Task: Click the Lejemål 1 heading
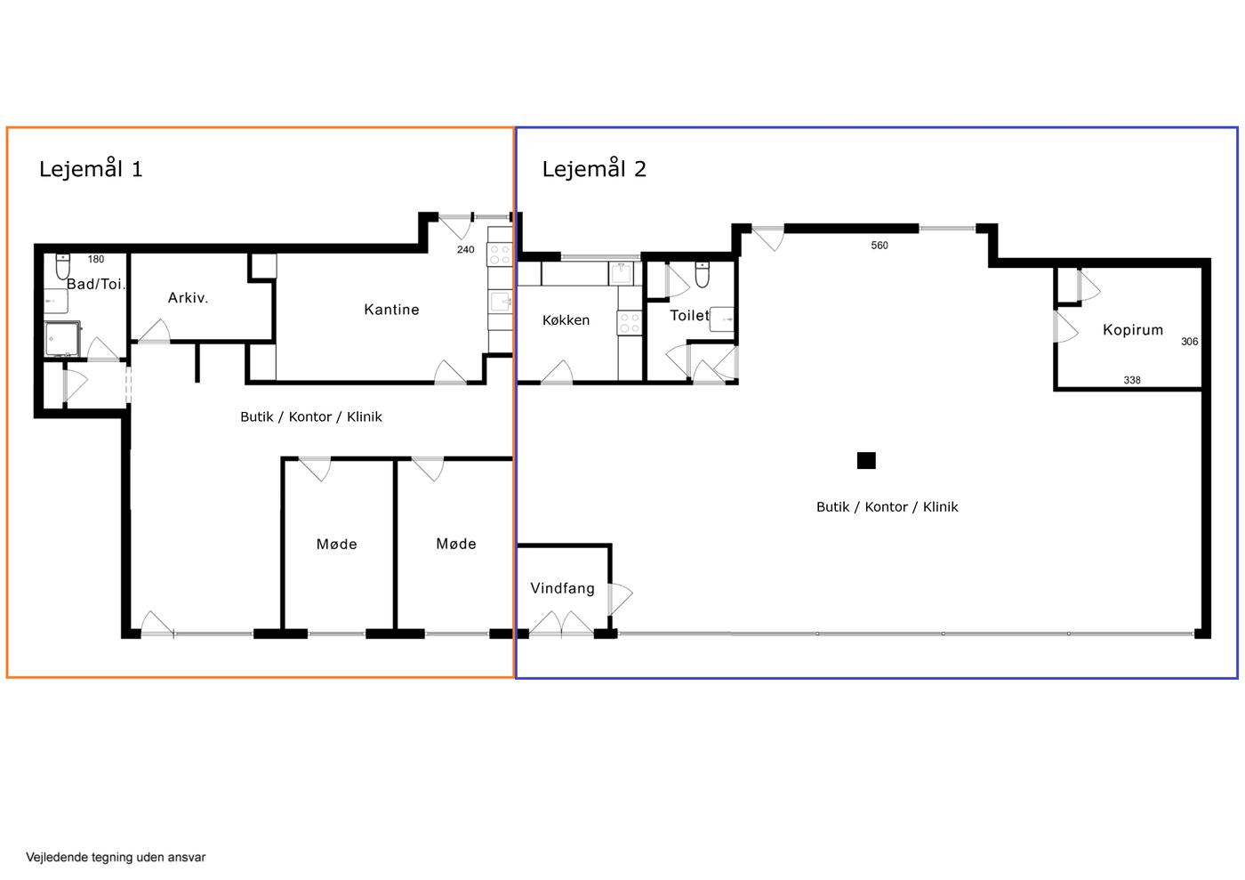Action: [x=91, y=168]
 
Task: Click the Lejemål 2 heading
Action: [x=594, y=168]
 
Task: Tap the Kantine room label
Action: [x=391, y=310]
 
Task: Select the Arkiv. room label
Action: [x=188, y=297]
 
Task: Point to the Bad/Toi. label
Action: [x=96, y=284]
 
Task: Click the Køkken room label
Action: [x=566, y=319]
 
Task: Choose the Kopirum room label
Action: [x=1133, y=329]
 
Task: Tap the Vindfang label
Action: [x=562, y=588]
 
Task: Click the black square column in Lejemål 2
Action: [x=866, y=460]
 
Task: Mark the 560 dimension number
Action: [x=880, y=246]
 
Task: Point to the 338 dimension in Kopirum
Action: [x=1131, y=380]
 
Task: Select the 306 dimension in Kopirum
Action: [x=1190, y=342]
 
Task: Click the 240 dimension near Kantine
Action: [x=466, y=250]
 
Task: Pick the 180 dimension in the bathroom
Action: [x=96, y=259]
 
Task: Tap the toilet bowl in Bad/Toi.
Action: [x=63, y=266]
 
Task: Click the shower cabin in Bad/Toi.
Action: [x=63, y=338]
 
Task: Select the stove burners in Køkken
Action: [x=630, y=323]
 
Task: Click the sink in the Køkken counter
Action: [x=622, y=274]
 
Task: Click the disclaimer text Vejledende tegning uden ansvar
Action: [x=116, y=857]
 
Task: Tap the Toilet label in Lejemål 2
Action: [x=689, y=315]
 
